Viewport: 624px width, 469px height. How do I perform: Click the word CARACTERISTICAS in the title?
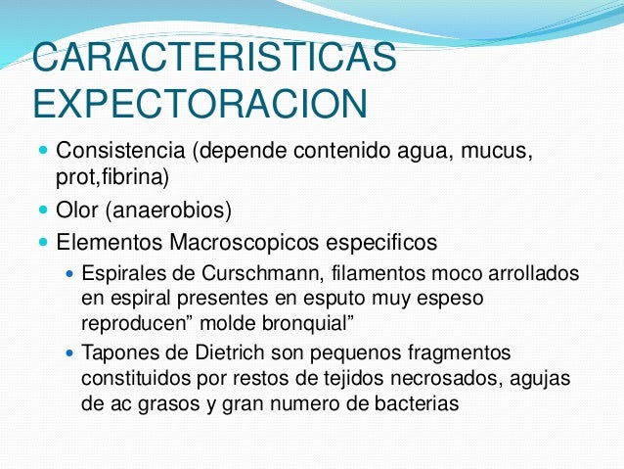tap(214, 58)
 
